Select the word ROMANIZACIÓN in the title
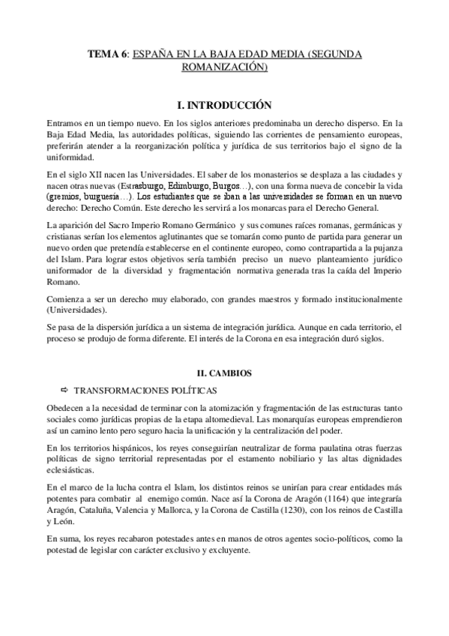click(223, 67)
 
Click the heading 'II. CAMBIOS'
click(224, 373)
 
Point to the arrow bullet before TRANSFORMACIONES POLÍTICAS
click(63, 390)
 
